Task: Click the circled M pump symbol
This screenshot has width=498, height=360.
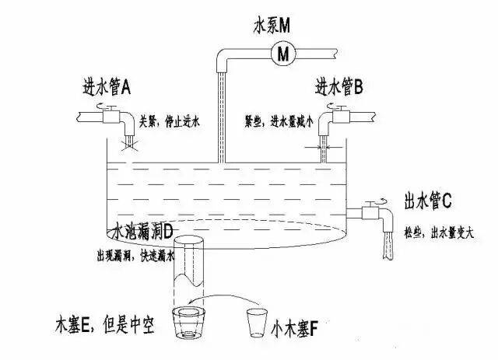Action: point(283,53)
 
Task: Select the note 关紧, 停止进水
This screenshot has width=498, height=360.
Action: point(170,121)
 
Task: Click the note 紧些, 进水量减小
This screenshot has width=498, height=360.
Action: point(279,121)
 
